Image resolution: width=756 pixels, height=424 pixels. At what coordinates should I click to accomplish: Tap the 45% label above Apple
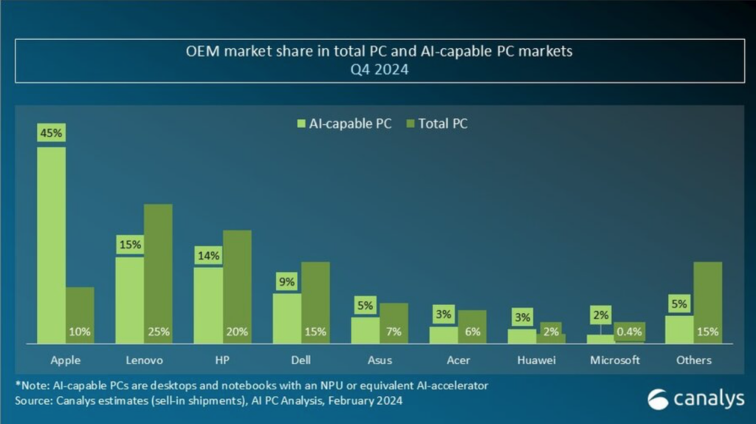coord(51,134)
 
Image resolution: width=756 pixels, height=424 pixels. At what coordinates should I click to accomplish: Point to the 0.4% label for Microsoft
coord(630,332)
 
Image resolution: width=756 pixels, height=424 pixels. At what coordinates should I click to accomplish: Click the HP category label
coord(221,360)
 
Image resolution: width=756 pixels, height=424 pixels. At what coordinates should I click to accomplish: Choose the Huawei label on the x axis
coord(535,360)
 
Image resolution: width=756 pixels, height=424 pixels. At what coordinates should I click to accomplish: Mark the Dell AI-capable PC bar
coord(287,318)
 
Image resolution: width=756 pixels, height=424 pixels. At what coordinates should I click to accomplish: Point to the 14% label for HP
coord(208,255)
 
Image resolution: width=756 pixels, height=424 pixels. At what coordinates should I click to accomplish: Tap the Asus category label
coord(379,360)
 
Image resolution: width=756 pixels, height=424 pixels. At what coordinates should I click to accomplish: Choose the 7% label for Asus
coord(394,332)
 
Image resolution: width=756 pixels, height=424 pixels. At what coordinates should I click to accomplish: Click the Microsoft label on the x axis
coord(616,360)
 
